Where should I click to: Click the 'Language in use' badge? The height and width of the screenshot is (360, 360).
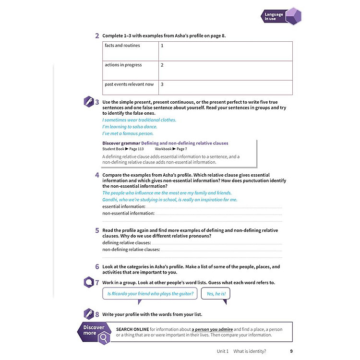pyautogui.click(x=281, y=17)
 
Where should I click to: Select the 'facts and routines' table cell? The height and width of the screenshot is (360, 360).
pyautogui.click(x=122, y=46)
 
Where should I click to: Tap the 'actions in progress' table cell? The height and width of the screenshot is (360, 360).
pyautogui.click(x=123, y=65)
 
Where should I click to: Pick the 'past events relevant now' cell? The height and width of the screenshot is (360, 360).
pyautogui.click(x=129, y=84)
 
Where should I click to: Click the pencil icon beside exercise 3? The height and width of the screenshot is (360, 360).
pyautogui.click(x=89, y=102)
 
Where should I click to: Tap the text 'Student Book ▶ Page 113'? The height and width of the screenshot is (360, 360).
pyautogui.click(x=123, y=149)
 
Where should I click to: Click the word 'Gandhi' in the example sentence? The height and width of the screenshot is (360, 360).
pyautogui.click(x=111, y=200)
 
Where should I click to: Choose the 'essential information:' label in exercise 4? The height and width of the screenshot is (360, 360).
pyautogui.click(x=124, y=206)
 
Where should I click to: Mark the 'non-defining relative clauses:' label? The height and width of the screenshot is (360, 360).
pyautogui.click(x=132, y=250)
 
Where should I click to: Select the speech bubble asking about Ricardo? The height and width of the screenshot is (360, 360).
pyautogui.click(x=150, y=294)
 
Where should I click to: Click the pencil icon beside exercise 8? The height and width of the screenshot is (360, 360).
pyautogui.click(x=89, y=314)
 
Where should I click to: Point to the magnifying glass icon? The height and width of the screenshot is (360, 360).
pyautogui.click(x=104, y=339)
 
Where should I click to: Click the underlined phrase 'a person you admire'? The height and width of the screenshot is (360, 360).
pyautogui.click(x=212, y=329)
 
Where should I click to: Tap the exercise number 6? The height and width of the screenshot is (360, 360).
pyautogui.click(x=97, y=267)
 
